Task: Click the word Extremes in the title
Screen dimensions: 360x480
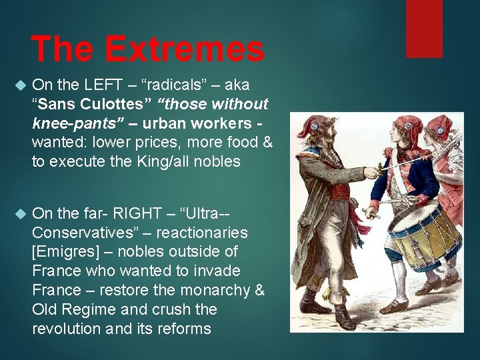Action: coord(184,49)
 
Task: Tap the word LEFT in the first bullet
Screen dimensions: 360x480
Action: coord(105,85)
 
